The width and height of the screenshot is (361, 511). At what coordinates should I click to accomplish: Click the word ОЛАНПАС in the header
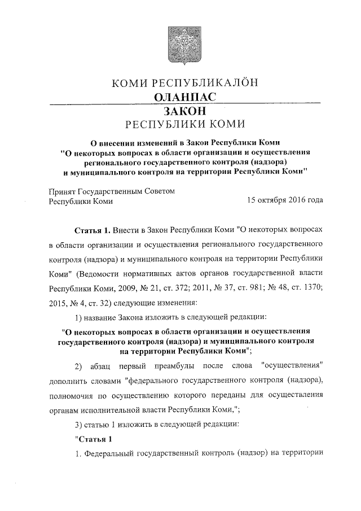185,98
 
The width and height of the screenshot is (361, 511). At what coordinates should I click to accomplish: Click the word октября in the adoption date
272,201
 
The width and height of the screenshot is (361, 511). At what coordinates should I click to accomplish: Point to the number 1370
311,287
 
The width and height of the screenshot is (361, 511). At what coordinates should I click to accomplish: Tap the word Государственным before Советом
121,191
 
